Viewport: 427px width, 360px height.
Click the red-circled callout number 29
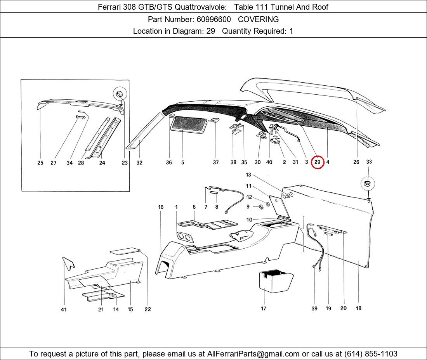317,162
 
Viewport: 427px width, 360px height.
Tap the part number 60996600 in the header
214,19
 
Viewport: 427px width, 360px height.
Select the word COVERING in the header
258,19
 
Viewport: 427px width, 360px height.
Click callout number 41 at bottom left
64,310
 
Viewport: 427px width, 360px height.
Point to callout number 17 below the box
263,308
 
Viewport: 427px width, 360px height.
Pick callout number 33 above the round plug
369,162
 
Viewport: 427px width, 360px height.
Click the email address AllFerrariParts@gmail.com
253,354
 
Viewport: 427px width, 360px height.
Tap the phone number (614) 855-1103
371,354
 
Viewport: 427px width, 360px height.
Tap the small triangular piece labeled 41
68,263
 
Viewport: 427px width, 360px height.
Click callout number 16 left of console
161,207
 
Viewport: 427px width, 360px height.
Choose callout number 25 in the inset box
40,163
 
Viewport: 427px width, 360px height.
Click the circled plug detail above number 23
120,94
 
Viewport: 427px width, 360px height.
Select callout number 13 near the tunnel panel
248,175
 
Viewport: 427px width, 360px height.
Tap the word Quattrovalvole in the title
200,7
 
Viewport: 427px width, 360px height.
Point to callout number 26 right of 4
356,162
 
